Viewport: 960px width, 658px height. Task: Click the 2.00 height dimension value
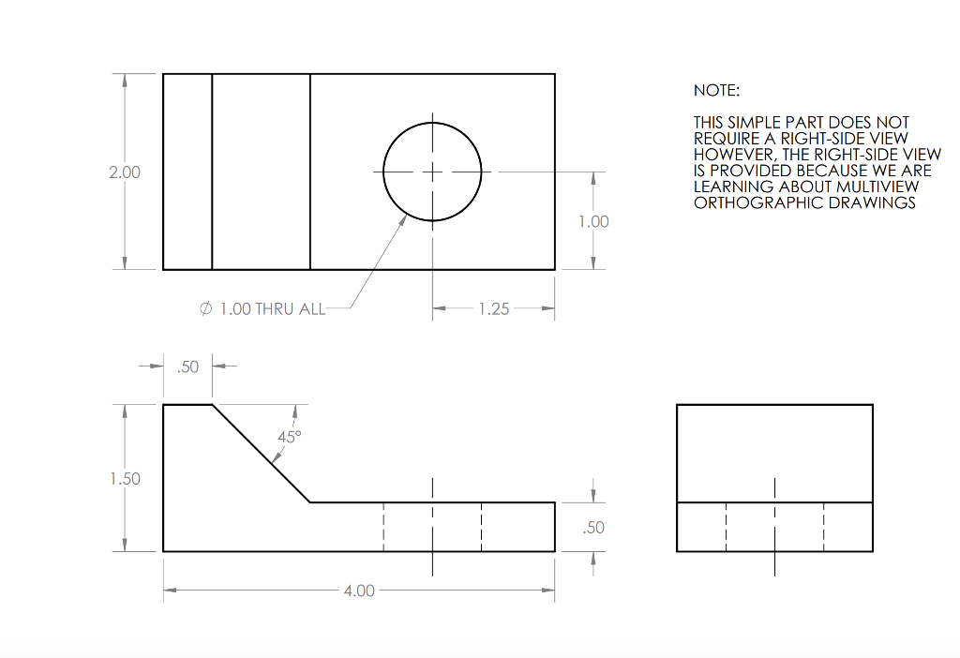click(x=124, y=172)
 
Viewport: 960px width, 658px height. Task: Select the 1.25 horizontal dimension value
click(x=493, y=308)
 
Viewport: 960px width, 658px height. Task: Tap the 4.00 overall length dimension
click(x=359, y=591)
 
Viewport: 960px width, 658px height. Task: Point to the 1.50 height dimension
click(x=124, y=479)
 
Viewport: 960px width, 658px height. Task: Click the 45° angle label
click(x=290, y=436)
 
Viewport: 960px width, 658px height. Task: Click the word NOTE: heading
click(x=716, y=91)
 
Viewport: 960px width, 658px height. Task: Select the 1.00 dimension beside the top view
click(x=592, y=221)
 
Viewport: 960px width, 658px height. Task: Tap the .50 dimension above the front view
click(x=188, y=366)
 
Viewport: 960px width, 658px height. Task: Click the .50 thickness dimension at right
click(x=592, y=528)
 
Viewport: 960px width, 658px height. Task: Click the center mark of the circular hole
click(x=432, y=172)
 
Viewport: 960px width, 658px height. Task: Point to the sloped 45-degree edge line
click(x=262, y=454)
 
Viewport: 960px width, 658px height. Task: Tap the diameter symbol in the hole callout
click(x=206, y=309)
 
